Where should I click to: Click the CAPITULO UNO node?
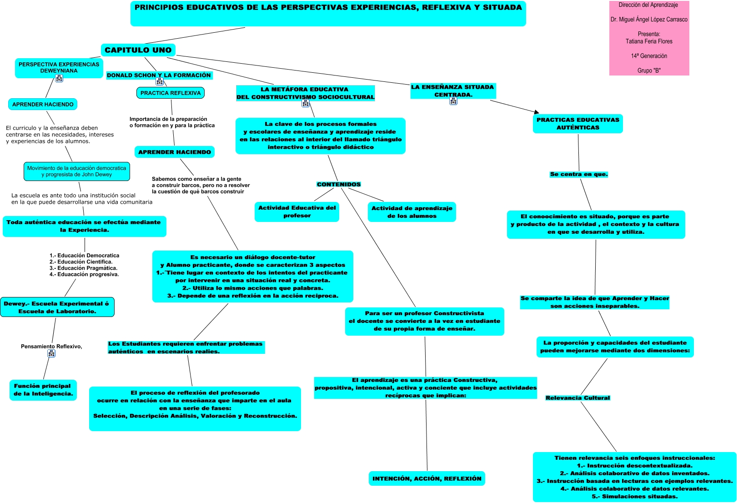pos(138,50)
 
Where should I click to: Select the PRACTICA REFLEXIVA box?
pos(171,93)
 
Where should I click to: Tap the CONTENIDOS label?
pos(339,185)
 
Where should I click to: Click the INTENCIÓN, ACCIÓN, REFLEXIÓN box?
pos(427,478)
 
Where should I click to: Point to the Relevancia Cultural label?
pos(577,398)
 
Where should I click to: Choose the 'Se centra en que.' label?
pos(578,174)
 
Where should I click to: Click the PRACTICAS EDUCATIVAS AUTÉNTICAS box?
pos(577,124)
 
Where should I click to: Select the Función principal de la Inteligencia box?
pos(43,390)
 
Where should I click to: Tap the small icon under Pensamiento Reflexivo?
pos(51,353)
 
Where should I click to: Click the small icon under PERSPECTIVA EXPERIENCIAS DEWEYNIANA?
pos(59,78)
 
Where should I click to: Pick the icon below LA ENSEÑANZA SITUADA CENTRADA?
pos(453,101)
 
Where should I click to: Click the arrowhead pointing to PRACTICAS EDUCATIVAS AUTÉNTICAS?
pos(537,111)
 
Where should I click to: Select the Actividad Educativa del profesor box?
pos(297,212)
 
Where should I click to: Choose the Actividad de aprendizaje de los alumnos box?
pos(412,212)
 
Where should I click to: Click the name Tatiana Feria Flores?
pos(649,41)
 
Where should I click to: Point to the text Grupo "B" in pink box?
pos(649,70)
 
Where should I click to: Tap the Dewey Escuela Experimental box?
pos(57,307)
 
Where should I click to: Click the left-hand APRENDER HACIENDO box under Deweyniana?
pos(43,105)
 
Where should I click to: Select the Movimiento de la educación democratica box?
pos(76,171)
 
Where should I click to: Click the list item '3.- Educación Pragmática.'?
pos(83,268)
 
